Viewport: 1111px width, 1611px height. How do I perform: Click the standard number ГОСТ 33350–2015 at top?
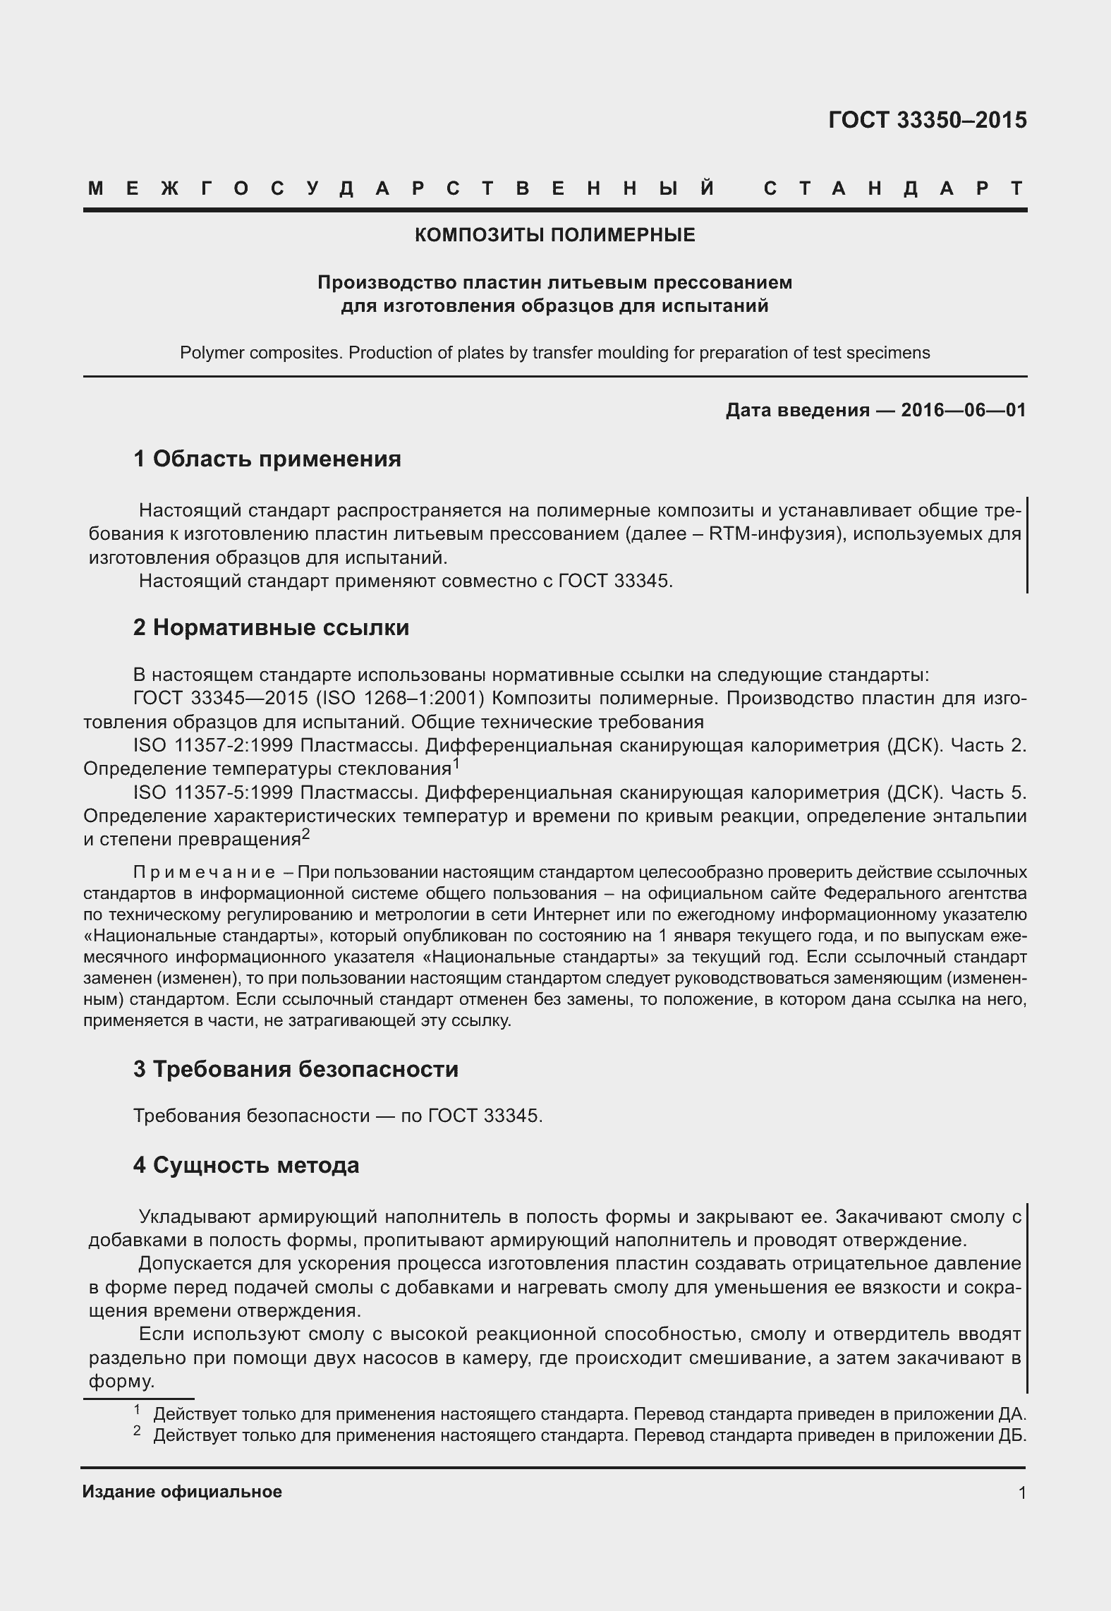(x=927, y=121)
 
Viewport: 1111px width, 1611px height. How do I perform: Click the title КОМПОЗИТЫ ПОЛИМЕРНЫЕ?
(x=554, y=235)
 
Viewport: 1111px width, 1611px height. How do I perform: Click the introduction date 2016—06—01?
(x=963, y=410)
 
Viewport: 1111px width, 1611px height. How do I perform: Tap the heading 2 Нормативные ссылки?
(x=271, y=627)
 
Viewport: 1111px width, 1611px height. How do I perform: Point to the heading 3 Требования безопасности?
(x=296, y=1069)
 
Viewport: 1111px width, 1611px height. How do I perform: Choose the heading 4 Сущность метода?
(x=246, y=1165)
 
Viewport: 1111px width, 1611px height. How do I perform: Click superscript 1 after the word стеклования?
(x=456, y=763)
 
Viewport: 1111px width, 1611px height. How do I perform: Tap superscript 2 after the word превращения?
(x=305, y=834)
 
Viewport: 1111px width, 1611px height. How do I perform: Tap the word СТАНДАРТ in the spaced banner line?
(x=894, y=189)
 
